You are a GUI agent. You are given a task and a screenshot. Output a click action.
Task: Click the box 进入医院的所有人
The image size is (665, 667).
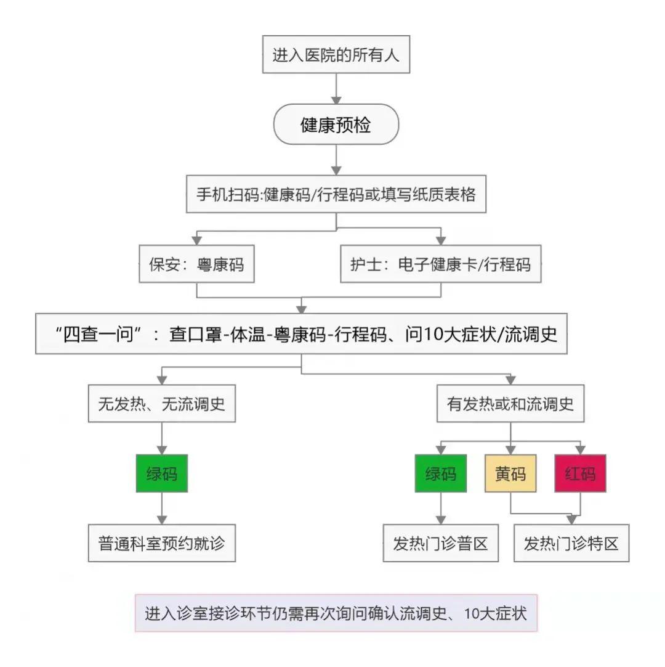coord(336,55)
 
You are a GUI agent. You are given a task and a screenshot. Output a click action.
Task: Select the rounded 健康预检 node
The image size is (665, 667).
coord(336,125)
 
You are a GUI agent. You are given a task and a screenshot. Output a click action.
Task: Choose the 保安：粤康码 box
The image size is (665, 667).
coord(196,264)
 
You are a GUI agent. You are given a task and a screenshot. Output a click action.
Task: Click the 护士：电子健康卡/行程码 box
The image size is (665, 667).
coord(440,264)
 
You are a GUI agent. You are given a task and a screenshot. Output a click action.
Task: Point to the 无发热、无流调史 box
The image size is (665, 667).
coord(161,404)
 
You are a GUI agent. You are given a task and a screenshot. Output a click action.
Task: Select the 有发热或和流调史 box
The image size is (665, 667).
coord(510,404)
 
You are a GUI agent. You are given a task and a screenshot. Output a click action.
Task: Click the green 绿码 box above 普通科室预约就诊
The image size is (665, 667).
coord(161,473)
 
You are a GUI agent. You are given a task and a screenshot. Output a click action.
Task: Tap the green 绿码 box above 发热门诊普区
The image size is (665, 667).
coord(440,473)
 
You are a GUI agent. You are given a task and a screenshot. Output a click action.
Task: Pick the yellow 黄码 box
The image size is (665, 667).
coord(510,473)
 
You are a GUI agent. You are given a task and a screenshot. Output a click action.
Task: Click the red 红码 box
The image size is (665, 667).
coord(580,473)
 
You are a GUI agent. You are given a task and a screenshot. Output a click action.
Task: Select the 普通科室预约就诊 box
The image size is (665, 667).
coord(161,544)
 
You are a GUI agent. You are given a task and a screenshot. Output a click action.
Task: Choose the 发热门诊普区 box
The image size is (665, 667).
coord(440,544)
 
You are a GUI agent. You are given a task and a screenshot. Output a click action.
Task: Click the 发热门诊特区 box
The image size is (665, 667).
coord(571,544)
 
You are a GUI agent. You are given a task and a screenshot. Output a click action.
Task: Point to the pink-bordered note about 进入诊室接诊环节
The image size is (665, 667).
coord(336,613)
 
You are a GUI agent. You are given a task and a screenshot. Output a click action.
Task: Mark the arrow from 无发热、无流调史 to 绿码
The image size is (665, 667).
coord(161,438)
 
